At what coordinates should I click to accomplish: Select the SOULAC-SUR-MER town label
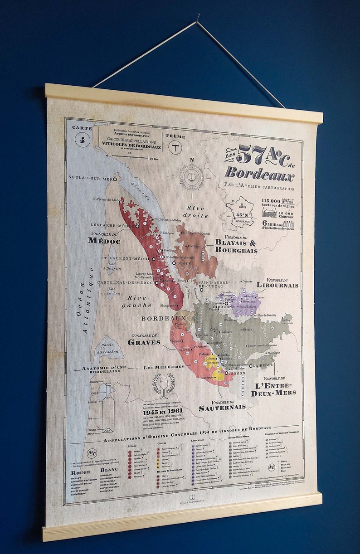pyautogui.click(x=90, y=178)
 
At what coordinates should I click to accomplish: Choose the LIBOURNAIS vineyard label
pyautogui.click(x=277, y=285)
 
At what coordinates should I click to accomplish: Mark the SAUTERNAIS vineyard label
pyautogui.click(x=222, y=407)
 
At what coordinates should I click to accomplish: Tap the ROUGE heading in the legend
pyautogui.click(x=80, y=472)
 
